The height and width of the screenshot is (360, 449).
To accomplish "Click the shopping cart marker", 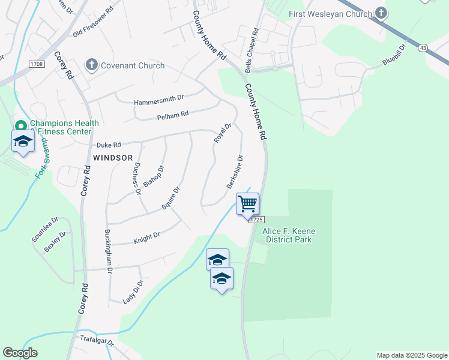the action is (247, 205).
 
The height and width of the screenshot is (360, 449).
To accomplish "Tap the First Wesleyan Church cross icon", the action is (381, 13).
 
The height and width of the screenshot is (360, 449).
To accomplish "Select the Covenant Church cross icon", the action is (91, 65).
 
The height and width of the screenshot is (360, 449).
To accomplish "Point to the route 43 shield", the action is (423, 47).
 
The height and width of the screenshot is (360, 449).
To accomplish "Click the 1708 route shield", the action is (37, 64).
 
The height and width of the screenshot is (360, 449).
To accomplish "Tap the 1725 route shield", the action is (256, 220).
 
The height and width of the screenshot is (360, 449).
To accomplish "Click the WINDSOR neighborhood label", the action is (113, 158).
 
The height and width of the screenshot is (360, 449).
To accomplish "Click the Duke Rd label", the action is (109, 145).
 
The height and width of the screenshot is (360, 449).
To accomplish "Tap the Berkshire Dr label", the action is (235, 172).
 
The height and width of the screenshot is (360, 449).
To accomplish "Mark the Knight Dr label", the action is (147, 238).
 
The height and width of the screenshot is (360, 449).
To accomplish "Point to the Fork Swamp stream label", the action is (41, 161).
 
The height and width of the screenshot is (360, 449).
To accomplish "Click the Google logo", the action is (20, 353).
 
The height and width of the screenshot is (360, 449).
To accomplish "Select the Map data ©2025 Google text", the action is (411, 355).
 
